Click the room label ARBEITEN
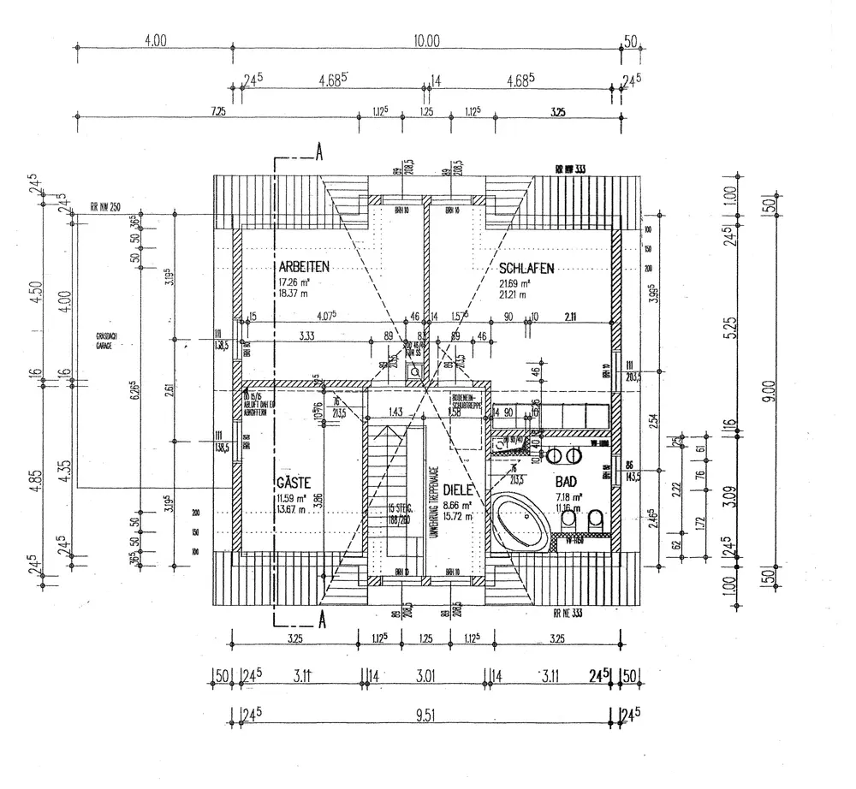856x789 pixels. tap(304, 267)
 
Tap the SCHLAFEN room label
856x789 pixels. tap(526, 268)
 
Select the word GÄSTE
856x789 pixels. tap(293, 482)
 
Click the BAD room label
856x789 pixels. tap(567, 482)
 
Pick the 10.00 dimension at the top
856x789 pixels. tap(425, 40)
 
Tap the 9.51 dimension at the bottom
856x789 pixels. tap(425, 715)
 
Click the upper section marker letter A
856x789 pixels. tap(319, 152)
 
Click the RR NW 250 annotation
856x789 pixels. tap(106, 206)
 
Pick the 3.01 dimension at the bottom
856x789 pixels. tap(425, 676)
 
